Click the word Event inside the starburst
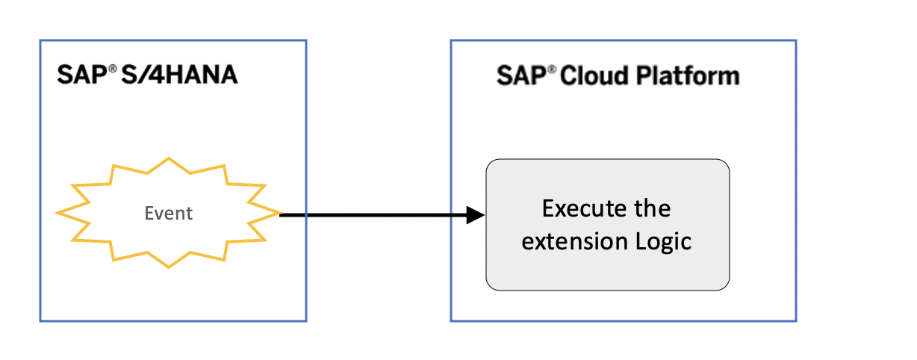click(x=168, y=213)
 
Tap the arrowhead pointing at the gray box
click(x=476, y=215)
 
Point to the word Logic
click(x=664, y=242)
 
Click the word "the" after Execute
click(x=653, y=208)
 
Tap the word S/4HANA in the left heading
click(x=179, y=75)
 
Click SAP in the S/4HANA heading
click(x=82, y=75)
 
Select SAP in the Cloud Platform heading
click(x=521, y=75)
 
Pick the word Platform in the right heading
click(x=688, y=75)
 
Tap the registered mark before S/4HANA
click(x=113, y=69)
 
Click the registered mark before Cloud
click(x=552, y=70)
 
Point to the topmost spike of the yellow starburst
click(x=169, y=158)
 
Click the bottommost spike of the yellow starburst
click(x=169, y=267)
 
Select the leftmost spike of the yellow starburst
click(x=57, y=213)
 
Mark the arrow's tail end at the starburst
click(x=279, y=215)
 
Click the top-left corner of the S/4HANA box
click(x=40, y=40)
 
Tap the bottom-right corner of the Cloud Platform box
click(x=796, y=320)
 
